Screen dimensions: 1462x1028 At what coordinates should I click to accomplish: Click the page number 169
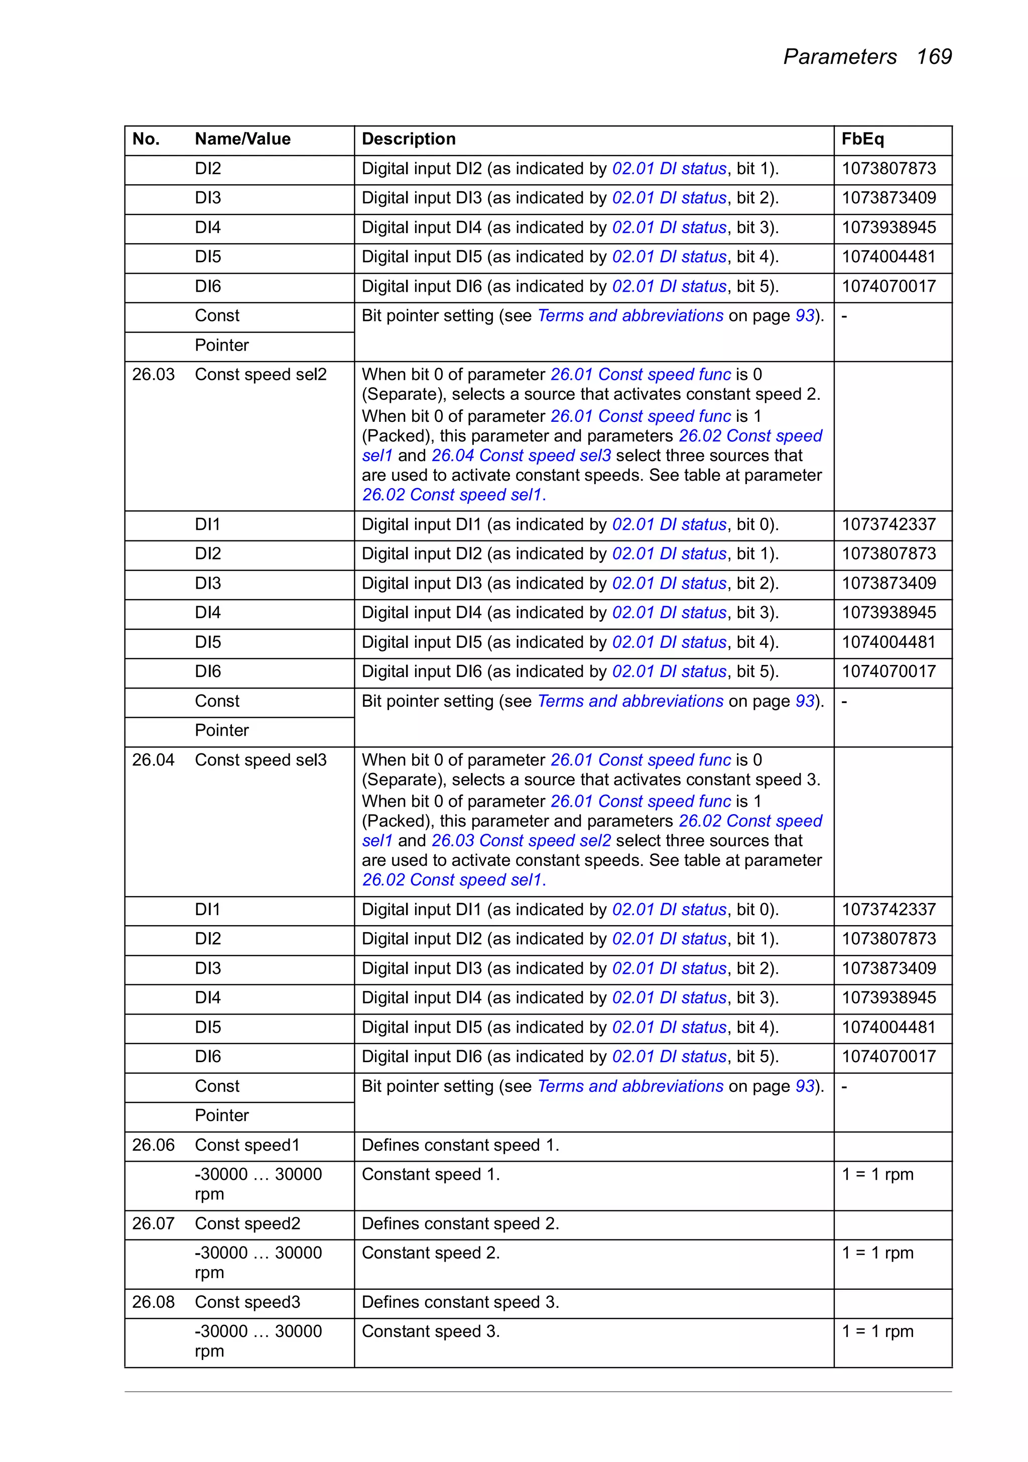coord(933,57)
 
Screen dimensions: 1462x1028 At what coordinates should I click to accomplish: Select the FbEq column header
coord(862,139)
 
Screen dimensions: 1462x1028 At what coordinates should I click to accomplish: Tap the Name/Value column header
coord(242,139)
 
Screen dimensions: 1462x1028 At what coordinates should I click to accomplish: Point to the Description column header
coord(409,139)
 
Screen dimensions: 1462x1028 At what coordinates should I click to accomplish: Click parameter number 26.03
coord(154,375)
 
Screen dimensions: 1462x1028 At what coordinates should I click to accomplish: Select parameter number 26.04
coord(154,760)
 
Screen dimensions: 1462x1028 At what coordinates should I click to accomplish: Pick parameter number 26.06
coord(154,1145)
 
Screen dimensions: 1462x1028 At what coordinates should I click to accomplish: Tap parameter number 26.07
coord(154,1223)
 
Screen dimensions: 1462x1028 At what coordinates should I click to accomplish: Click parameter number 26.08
coord(154,1302)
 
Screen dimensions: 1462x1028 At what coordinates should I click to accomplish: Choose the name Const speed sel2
coord(261,375)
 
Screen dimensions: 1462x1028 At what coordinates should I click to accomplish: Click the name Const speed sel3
coord(261,760)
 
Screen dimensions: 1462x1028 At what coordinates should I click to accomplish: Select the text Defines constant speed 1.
coord(460,1145)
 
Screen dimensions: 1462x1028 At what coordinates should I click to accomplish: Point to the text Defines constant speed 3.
coord(460,1302)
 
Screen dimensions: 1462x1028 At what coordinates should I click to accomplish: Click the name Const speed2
coord(247,1223)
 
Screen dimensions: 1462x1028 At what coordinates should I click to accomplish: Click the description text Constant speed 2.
coord(430,1253)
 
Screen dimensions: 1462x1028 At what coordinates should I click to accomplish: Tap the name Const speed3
coord(247,1302)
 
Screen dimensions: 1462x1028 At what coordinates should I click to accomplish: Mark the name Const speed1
coord(247,1145)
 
